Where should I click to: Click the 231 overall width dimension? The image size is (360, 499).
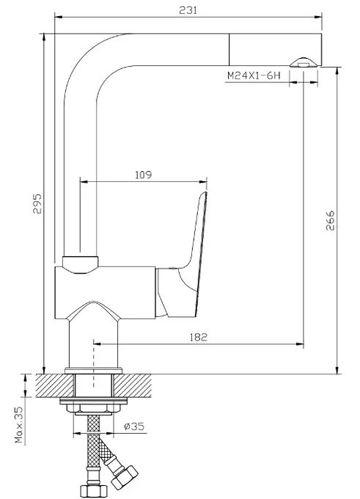188,10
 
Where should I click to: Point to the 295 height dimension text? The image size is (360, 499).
37,204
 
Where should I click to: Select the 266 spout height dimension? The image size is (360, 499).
330,220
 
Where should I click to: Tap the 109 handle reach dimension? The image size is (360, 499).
144,175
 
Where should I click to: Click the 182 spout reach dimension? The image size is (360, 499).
198,337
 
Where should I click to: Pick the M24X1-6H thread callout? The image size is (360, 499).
254,76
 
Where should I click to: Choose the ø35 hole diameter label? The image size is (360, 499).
134,426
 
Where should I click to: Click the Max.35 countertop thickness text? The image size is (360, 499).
19,425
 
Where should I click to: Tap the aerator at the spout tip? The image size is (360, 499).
304,62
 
